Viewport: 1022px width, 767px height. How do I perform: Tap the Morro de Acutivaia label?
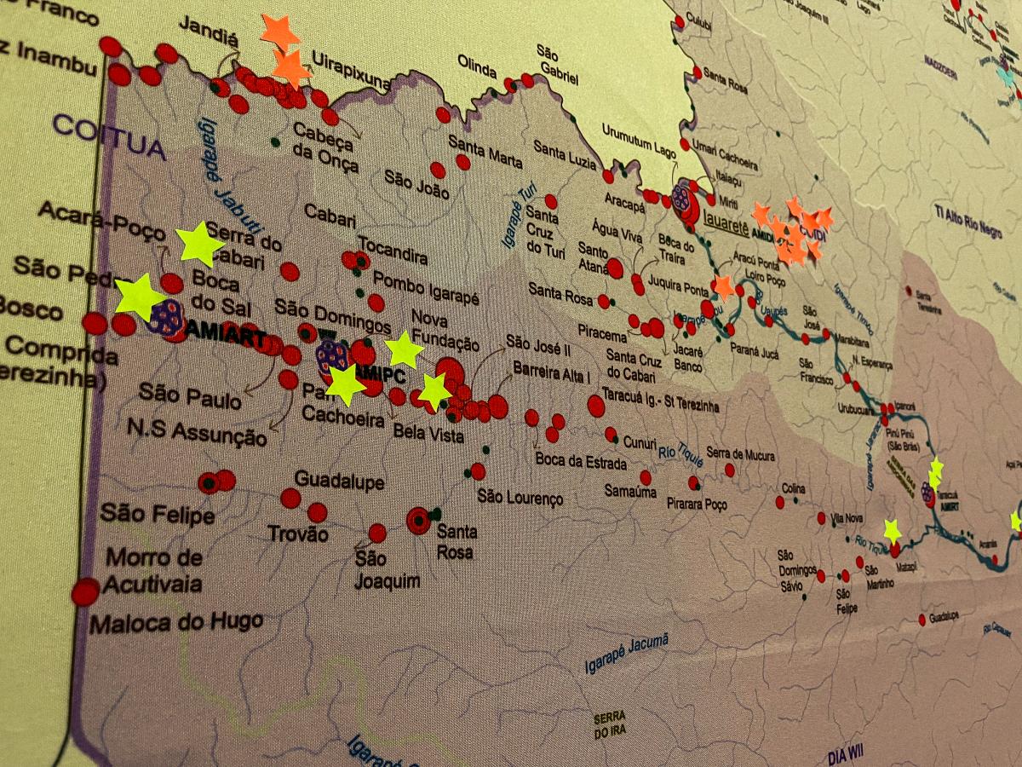point(153,571)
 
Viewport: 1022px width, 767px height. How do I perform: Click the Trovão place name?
point(297,534)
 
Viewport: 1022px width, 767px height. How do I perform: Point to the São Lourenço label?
point(520,497)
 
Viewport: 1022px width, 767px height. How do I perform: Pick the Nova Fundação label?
point(445,331)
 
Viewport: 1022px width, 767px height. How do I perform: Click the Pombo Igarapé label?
point(426,288)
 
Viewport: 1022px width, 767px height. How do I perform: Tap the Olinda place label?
point(477,67)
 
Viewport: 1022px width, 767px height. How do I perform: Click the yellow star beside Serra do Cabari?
point(199,244)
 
